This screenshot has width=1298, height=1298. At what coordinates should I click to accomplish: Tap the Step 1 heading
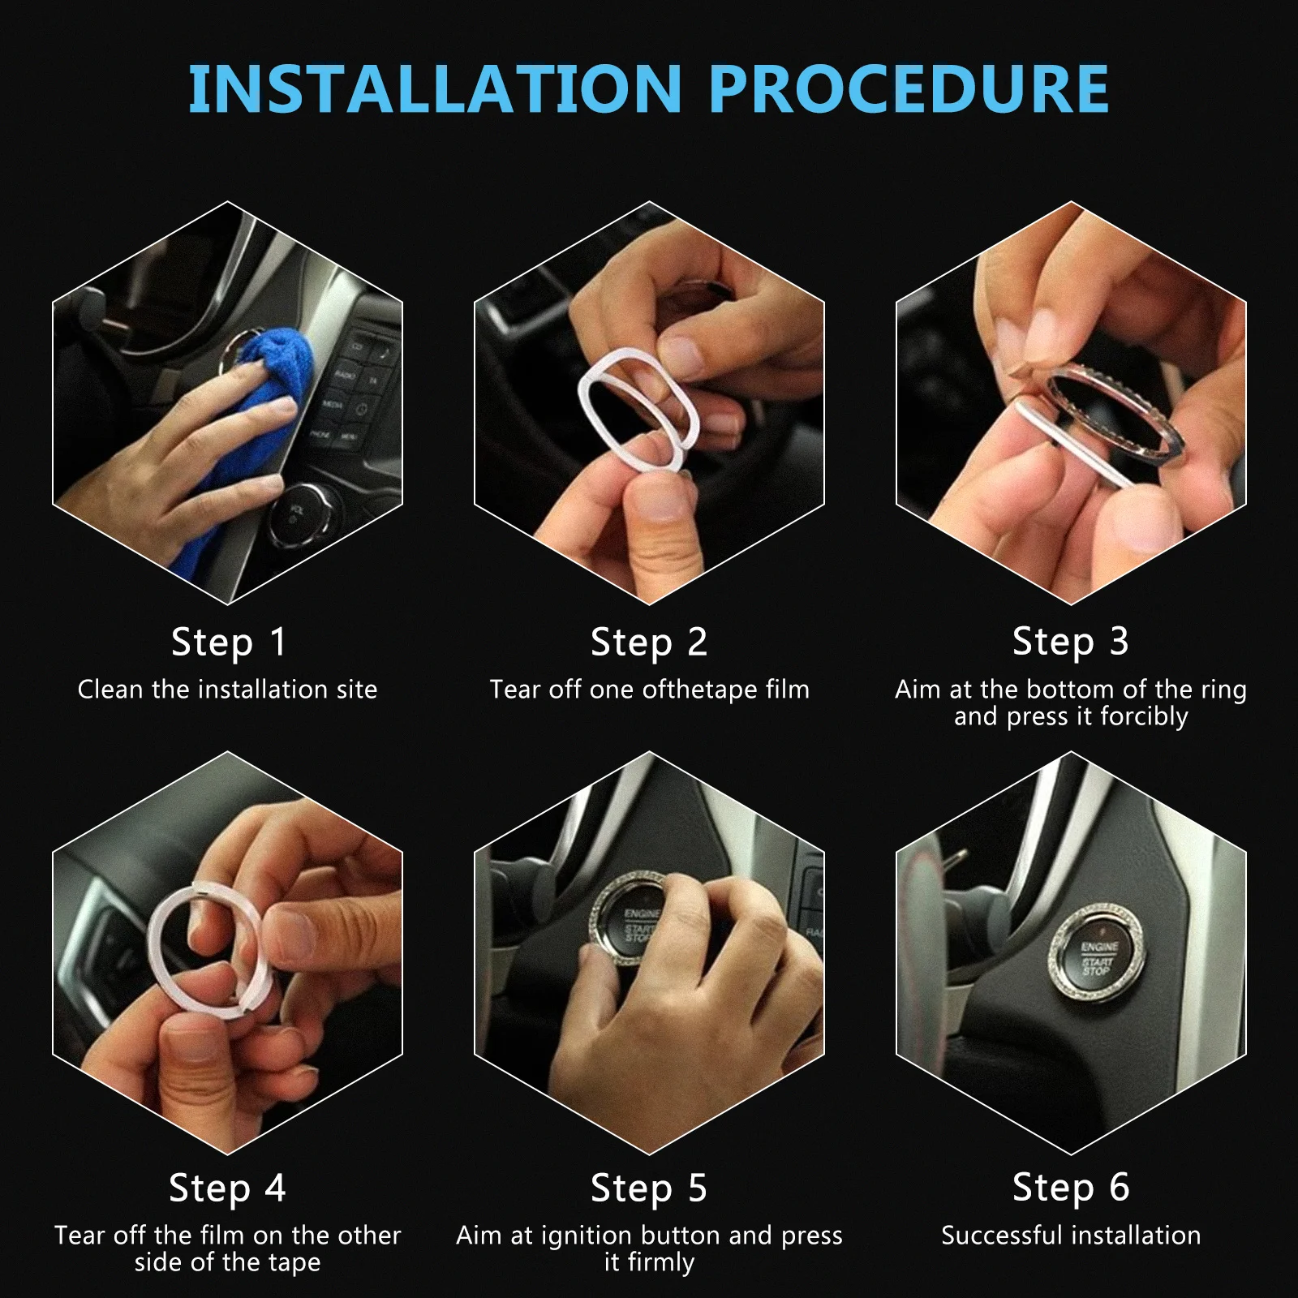coord(229,643)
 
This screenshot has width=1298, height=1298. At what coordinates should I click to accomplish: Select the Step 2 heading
coord(649,643)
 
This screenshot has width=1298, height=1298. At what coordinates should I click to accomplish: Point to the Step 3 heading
coord(1071,642)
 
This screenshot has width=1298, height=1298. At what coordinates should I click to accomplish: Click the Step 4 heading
coord(228,1188)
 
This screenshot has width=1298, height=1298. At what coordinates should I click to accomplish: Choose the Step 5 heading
coord(649,1188)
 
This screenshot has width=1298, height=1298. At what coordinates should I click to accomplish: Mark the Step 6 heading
coord(1071,1188)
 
